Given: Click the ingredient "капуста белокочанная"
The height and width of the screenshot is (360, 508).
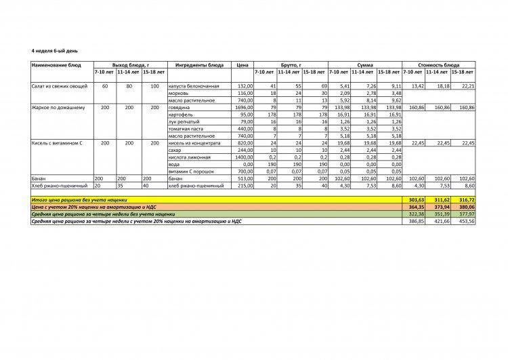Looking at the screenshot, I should click(192, 87).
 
